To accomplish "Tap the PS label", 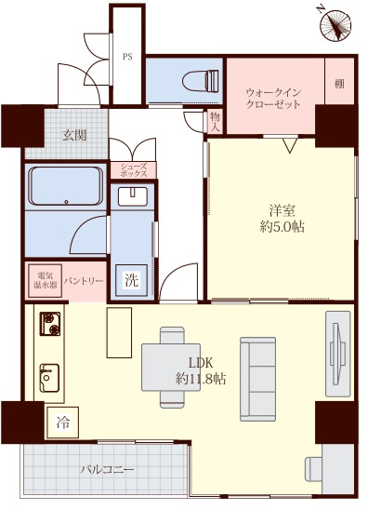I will (127, 56).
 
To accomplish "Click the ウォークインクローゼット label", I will (273, 99).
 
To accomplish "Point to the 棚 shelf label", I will (339, 85).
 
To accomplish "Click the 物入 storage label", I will (215, 120).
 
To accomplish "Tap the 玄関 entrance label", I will (75, 135).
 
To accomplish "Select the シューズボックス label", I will (133, 169).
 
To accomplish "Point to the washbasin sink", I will (133, 195).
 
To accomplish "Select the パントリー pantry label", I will (84, 280).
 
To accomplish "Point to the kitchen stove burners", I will (49, 325).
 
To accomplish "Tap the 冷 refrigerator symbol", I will (63, 423).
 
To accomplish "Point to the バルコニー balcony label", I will (107, 470).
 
